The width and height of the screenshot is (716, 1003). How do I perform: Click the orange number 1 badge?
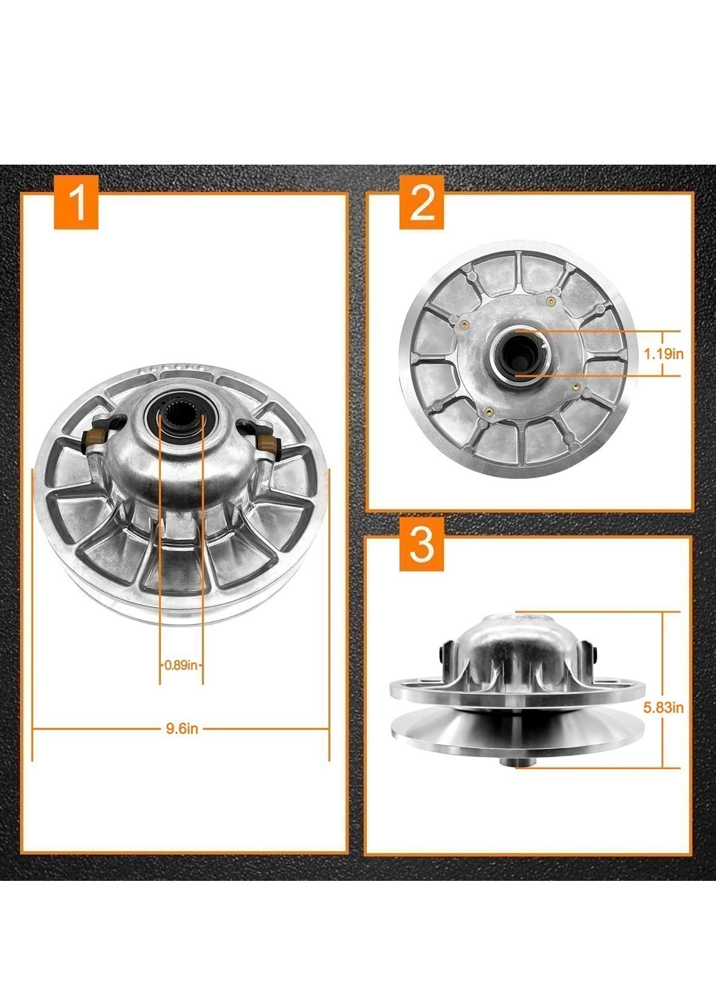click(x=77, y=203)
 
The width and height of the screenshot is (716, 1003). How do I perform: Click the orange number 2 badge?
click(x=422, y=203)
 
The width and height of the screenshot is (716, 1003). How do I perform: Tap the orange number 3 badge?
click(x=422, y=545)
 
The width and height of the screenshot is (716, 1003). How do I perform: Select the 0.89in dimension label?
click(x=181, y=665)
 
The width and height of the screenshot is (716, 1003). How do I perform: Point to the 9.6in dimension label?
click(x=182, y=728)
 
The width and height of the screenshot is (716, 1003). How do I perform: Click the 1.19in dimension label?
click(x=664, y=354)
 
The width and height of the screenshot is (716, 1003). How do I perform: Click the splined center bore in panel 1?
click(x=181, y=419)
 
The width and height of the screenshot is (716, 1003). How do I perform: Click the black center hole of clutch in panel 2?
click(x=514, y=351)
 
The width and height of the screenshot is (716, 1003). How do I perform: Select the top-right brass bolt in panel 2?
click(x=551, y=298)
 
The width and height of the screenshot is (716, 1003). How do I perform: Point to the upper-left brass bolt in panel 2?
click(x=463, y=323)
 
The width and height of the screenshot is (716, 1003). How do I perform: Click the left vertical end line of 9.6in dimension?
click(x=32, y=614)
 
